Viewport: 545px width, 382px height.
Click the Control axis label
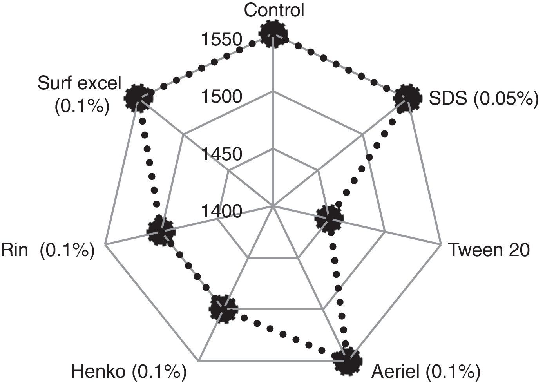[x=273, y=11]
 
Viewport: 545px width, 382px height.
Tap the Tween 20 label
[x=489, y=250]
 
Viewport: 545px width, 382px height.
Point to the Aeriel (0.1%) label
[x=426, y=370]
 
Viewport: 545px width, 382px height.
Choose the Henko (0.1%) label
[x=128, y=370]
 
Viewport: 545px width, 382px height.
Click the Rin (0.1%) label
[x=48, y=250]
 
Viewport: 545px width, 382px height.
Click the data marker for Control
[x=273, y=34]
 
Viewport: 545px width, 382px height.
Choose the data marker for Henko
[x=223, y=309]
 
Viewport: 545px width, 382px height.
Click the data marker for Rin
[x=161, y=232]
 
